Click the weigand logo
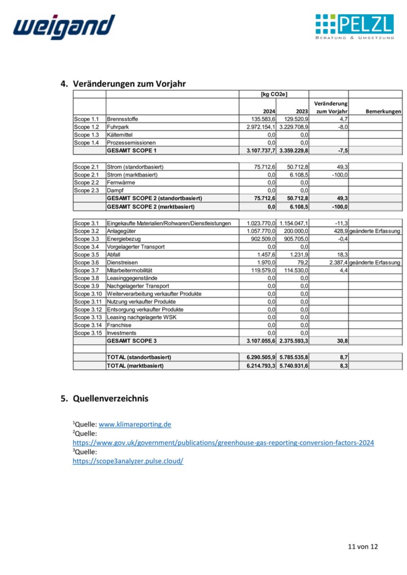click(x=64, y=26)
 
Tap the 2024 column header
click(x=269, y=111)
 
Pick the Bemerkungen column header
click(x=383, y=111)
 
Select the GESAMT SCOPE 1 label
click(x=132, y=151)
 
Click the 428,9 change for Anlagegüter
click(x=339, y=231)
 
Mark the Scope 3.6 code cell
click(x=86, y=262)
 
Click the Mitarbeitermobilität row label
click(x=130, y=270)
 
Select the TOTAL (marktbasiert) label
click(x=135, y=366)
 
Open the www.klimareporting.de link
click(x=135, y=424)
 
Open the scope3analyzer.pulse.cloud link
click(x=128, y=461)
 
